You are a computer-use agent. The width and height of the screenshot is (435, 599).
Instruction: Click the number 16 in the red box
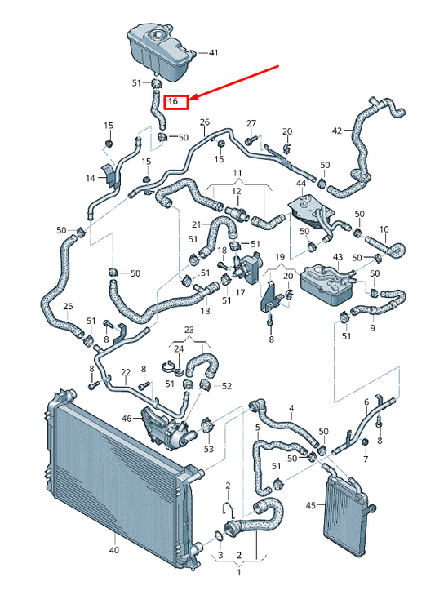click(173, 102)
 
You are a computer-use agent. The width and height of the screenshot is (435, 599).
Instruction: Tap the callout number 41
click(214, 53)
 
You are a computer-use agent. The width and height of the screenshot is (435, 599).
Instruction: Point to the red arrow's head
click(191, 100)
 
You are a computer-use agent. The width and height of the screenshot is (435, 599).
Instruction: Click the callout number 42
click(337, 131)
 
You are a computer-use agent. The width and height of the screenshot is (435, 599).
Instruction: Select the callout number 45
click(310, 505)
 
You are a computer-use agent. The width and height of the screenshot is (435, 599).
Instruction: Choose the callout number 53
click(209, 448)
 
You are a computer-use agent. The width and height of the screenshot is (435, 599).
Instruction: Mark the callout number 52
click(227, 386)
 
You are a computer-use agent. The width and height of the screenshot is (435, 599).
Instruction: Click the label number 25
click(68, 306)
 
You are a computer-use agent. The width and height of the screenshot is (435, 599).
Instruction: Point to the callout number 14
click(91, 177)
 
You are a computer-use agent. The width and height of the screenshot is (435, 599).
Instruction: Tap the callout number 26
click(204, 122)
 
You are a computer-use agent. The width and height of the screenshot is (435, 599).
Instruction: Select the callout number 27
click(251, 122)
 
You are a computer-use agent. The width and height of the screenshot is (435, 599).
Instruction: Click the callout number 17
click(241, 291)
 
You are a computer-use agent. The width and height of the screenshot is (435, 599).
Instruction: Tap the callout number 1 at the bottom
click(238, 572)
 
